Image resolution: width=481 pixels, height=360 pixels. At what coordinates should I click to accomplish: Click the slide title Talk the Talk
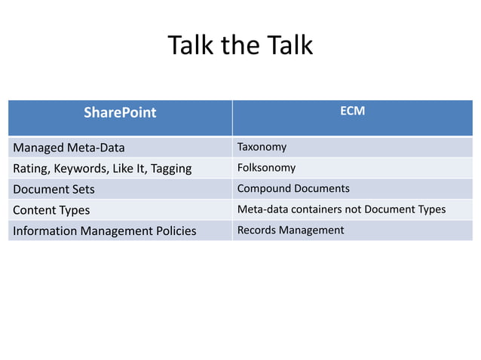point(240,46)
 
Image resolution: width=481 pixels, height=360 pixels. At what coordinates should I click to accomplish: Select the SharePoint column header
point(120,113)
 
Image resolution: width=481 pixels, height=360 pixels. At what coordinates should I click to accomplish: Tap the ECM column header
point(352,111)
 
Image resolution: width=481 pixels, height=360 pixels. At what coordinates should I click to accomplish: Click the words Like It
point(130,169)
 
